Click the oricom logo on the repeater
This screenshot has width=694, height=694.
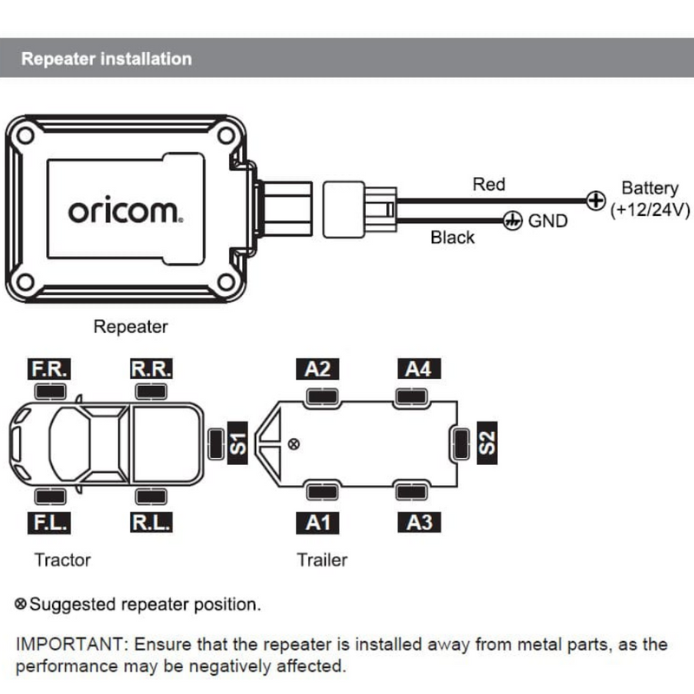point(125,212)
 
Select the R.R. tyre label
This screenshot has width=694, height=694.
point(151,369)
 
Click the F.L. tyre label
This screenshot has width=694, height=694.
point(49,522)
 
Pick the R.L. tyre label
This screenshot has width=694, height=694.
point(151,522)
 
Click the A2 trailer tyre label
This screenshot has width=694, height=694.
point(318,369)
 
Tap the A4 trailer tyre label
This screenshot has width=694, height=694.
point(418,369)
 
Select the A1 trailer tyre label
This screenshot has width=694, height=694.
point(318,522)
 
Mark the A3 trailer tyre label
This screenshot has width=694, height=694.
point(418,522)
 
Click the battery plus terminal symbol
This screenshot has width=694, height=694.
point(595,201)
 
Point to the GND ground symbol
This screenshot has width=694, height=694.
point(512,221)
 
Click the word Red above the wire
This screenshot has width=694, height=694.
point(488,184)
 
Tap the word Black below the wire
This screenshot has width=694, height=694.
point(453,238)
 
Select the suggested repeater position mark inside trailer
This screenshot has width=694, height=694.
point(294,444)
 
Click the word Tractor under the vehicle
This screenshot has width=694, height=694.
point(62,560)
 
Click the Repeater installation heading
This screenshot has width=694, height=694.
point(106,59)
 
